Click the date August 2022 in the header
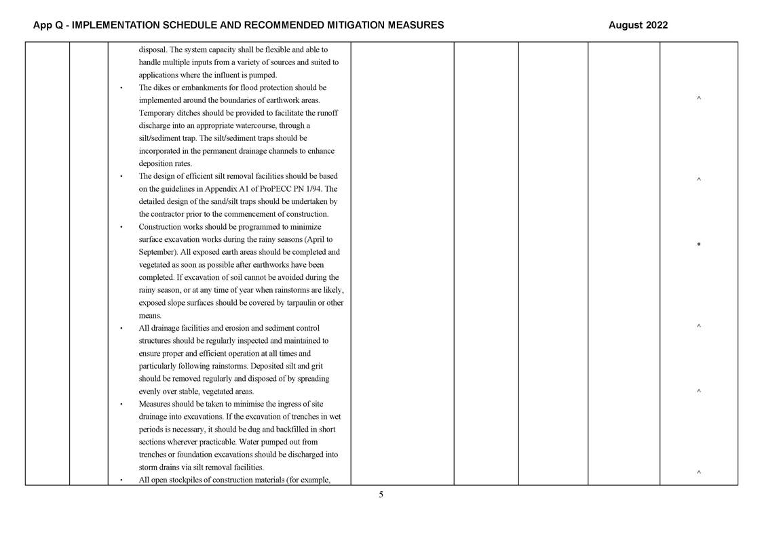click(638, 25)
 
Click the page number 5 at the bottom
click(381, 495)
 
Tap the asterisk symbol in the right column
click(698, 245)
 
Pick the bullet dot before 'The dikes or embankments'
click(121, 88)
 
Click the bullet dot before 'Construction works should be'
click(121, 227)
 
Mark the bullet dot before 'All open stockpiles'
click(121, 480)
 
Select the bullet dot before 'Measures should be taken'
click(121, 405)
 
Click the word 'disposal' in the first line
click(153, 49)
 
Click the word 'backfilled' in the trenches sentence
click(280, 430)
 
